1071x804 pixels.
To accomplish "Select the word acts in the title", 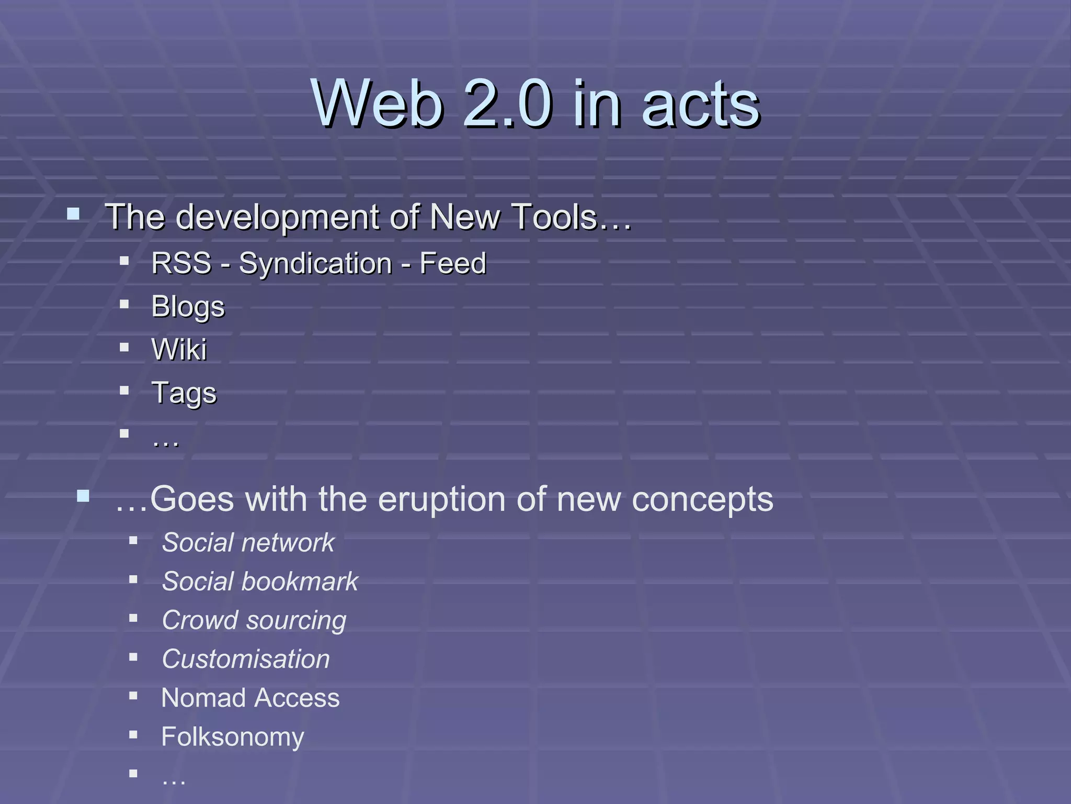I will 701,105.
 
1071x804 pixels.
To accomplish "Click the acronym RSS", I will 181,263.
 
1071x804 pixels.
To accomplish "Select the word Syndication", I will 315,264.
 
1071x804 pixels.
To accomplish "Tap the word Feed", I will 453,263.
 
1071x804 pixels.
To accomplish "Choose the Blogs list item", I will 188,307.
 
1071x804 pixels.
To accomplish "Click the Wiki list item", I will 179,349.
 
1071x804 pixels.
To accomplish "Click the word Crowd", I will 200,620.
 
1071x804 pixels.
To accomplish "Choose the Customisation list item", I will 246,659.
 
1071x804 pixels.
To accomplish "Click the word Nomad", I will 203,698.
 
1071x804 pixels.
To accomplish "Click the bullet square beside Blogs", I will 124,304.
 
